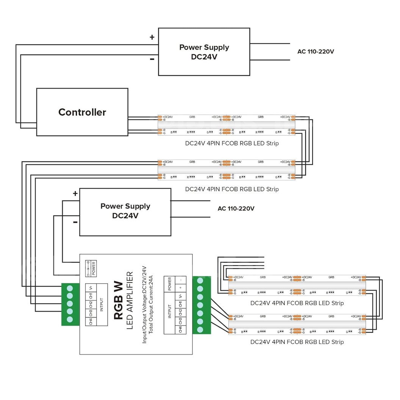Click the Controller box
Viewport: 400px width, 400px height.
coord(82,112)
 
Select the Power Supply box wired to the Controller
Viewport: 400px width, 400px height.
coord(204,52)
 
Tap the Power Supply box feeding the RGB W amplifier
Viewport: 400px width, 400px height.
coord(125,211)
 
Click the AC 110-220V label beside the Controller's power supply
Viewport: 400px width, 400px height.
coord(316,52)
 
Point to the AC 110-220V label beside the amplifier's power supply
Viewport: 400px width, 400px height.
coord(236,209)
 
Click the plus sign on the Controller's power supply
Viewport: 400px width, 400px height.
coord(152,37)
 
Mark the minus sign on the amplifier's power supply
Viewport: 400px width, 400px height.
coord(75,222)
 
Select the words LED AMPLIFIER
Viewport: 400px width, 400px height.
coord(130,300)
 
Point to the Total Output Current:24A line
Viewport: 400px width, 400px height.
coord(151,305)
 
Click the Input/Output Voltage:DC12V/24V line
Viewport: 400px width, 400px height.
coord(144,305)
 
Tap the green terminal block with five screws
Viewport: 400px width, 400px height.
coord(70,304)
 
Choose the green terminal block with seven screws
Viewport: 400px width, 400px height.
coord(202,305)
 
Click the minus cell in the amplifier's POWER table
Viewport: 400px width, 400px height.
coord(181,280)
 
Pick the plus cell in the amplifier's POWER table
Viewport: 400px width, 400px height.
coord(181,287)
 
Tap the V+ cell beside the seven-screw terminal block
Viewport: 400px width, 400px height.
coord(181,296)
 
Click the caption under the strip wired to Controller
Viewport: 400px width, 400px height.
coord(232,143)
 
